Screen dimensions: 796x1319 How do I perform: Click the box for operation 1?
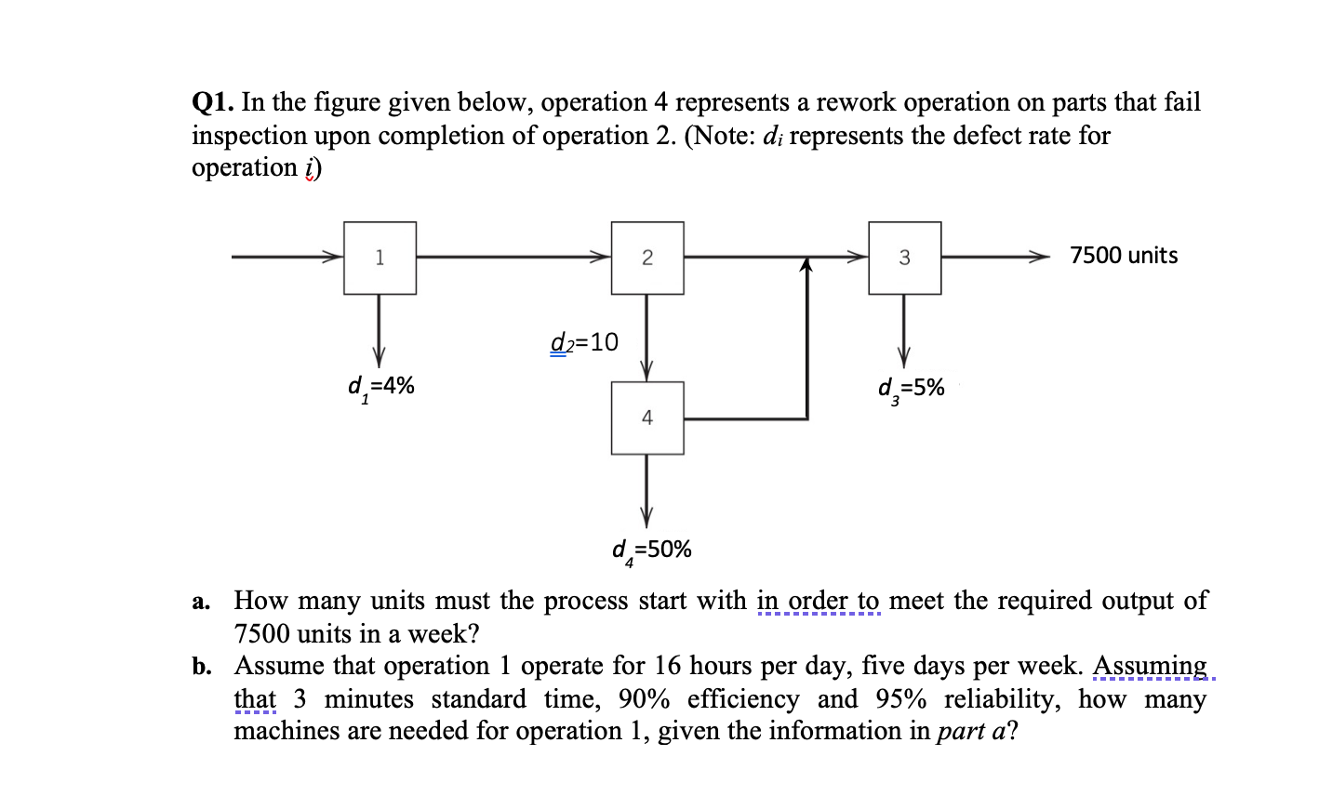[x=380, y=258]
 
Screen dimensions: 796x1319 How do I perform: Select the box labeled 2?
[x=647, y=258]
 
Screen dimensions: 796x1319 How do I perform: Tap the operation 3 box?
[x=904, y=258]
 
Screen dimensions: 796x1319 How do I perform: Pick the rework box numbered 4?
[x=647, y=418]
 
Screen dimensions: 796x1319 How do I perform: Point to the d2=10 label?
[x=584, y=342]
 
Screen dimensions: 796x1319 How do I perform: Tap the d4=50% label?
[x=651, y=551]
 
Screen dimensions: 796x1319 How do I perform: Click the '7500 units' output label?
[x=1124, y=256]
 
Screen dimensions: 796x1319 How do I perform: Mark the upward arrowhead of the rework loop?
[x=806, y=266]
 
